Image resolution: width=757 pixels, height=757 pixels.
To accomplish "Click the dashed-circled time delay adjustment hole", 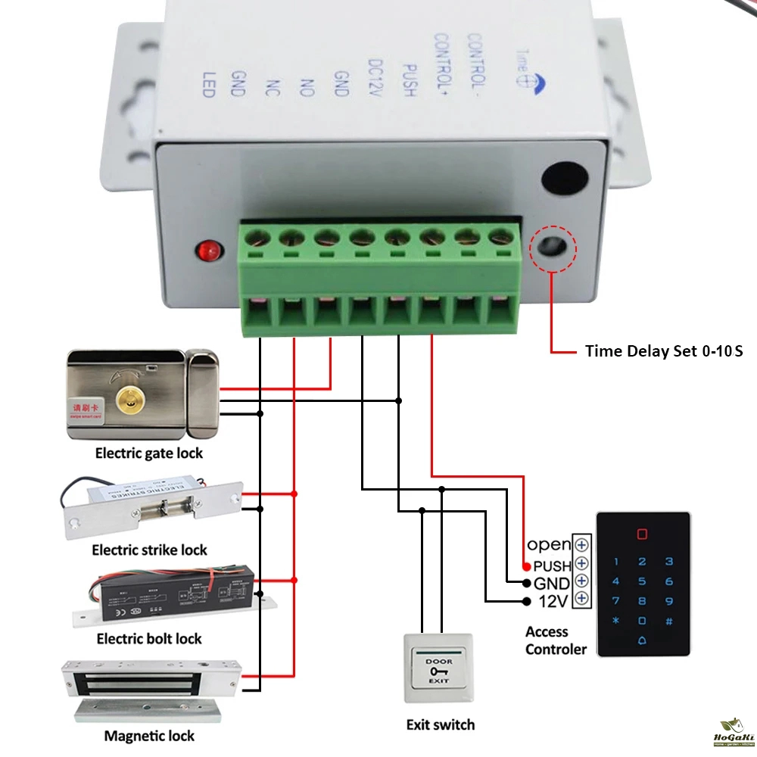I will (553, 248).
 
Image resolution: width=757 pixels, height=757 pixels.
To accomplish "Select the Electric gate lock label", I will (149, 453).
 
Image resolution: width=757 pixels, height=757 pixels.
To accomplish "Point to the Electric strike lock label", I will (149, 550).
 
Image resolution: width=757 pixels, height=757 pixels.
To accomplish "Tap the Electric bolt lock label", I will (149, 639).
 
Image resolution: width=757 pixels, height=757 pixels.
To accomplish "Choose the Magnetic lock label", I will (149, 735).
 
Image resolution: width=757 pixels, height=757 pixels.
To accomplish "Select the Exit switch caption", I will (441, 724).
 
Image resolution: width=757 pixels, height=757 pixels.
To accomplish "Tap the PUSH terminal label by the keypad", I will (552, 565).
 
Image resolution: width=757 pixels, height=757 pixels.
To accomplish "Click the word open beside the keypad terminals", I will (549, 544).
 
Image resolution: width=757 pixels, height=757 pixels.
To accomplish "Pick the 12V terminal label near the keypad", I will (553, 602).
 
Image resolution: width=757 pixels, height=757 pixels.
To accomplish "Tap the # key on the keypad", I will (668, 621).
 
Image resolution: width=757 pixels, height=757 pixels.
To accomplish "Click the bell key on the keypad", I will (642, 640).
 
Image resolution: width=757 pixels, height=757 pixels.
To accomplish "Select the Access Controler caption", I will (555, 640).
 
